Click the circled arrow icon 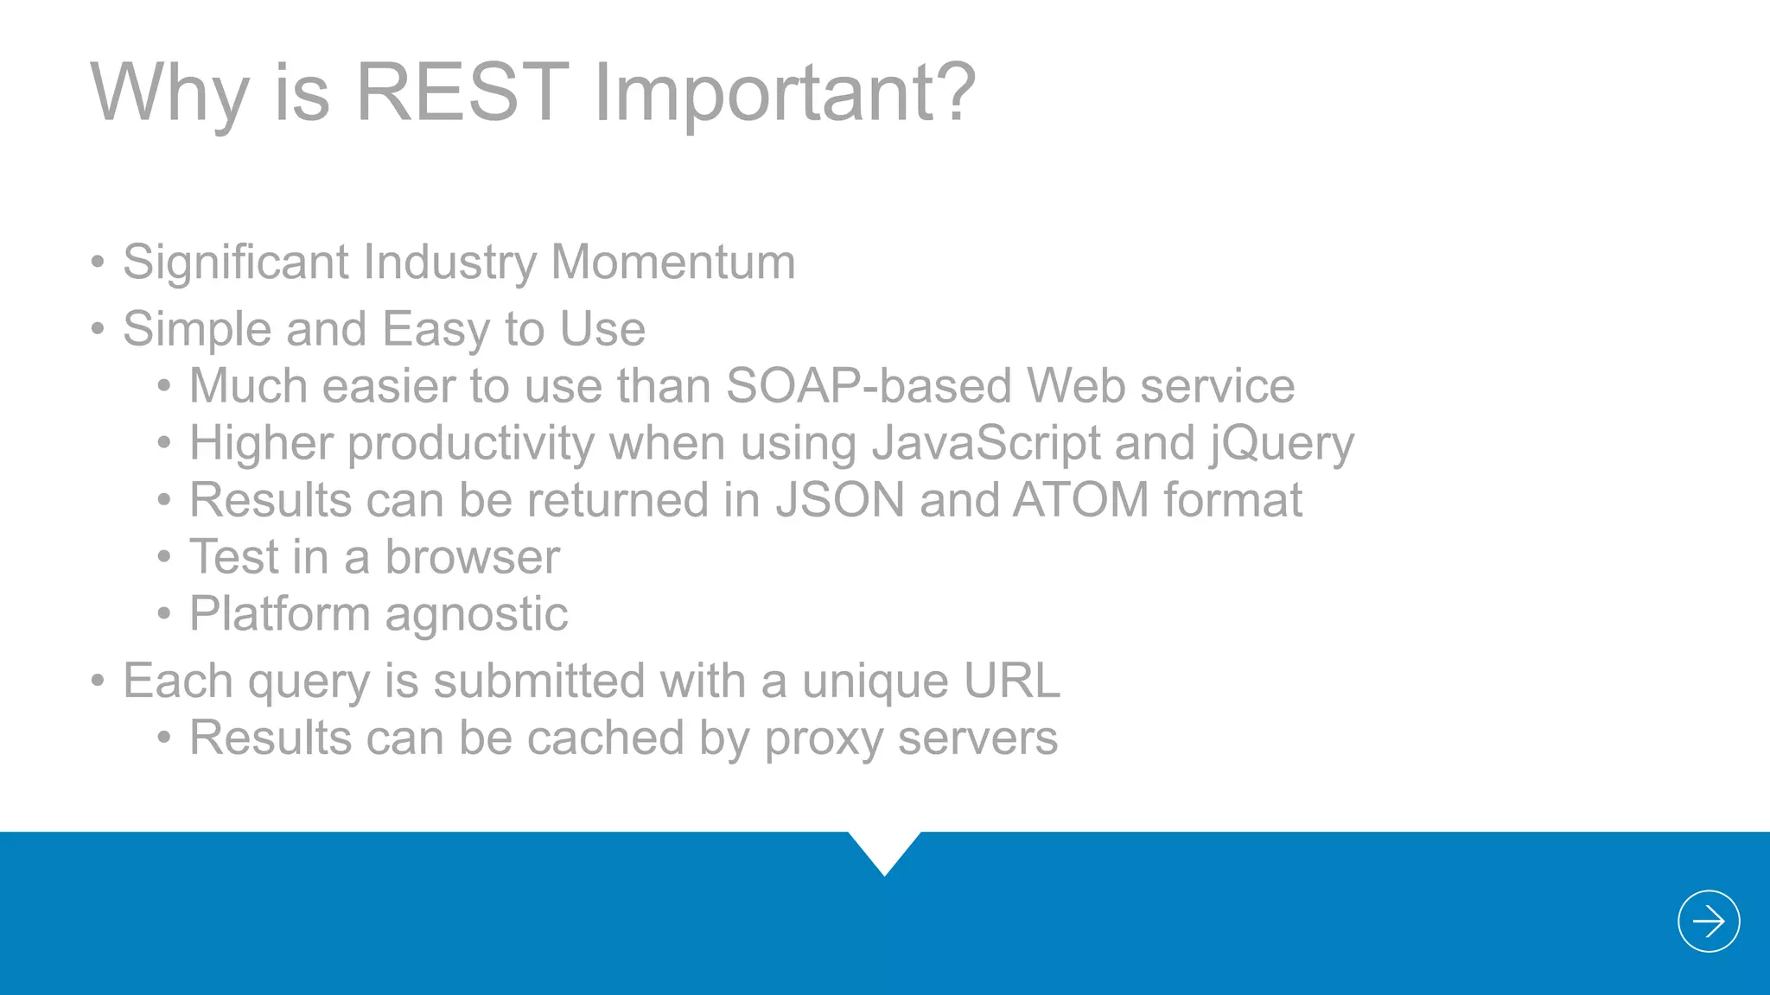tap(1708, 921)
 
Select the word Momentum tap(672, 262)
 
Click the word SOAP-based tap(868, 385)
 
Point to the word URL tap(1011, 681)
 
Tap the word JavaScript tap(985, 443)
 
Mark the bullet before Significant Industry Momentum tap(98, 262)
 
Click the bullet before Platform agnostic tap(164, 614)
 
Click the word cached tap(605, 738)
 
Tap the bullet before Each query tap(98, 681)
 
